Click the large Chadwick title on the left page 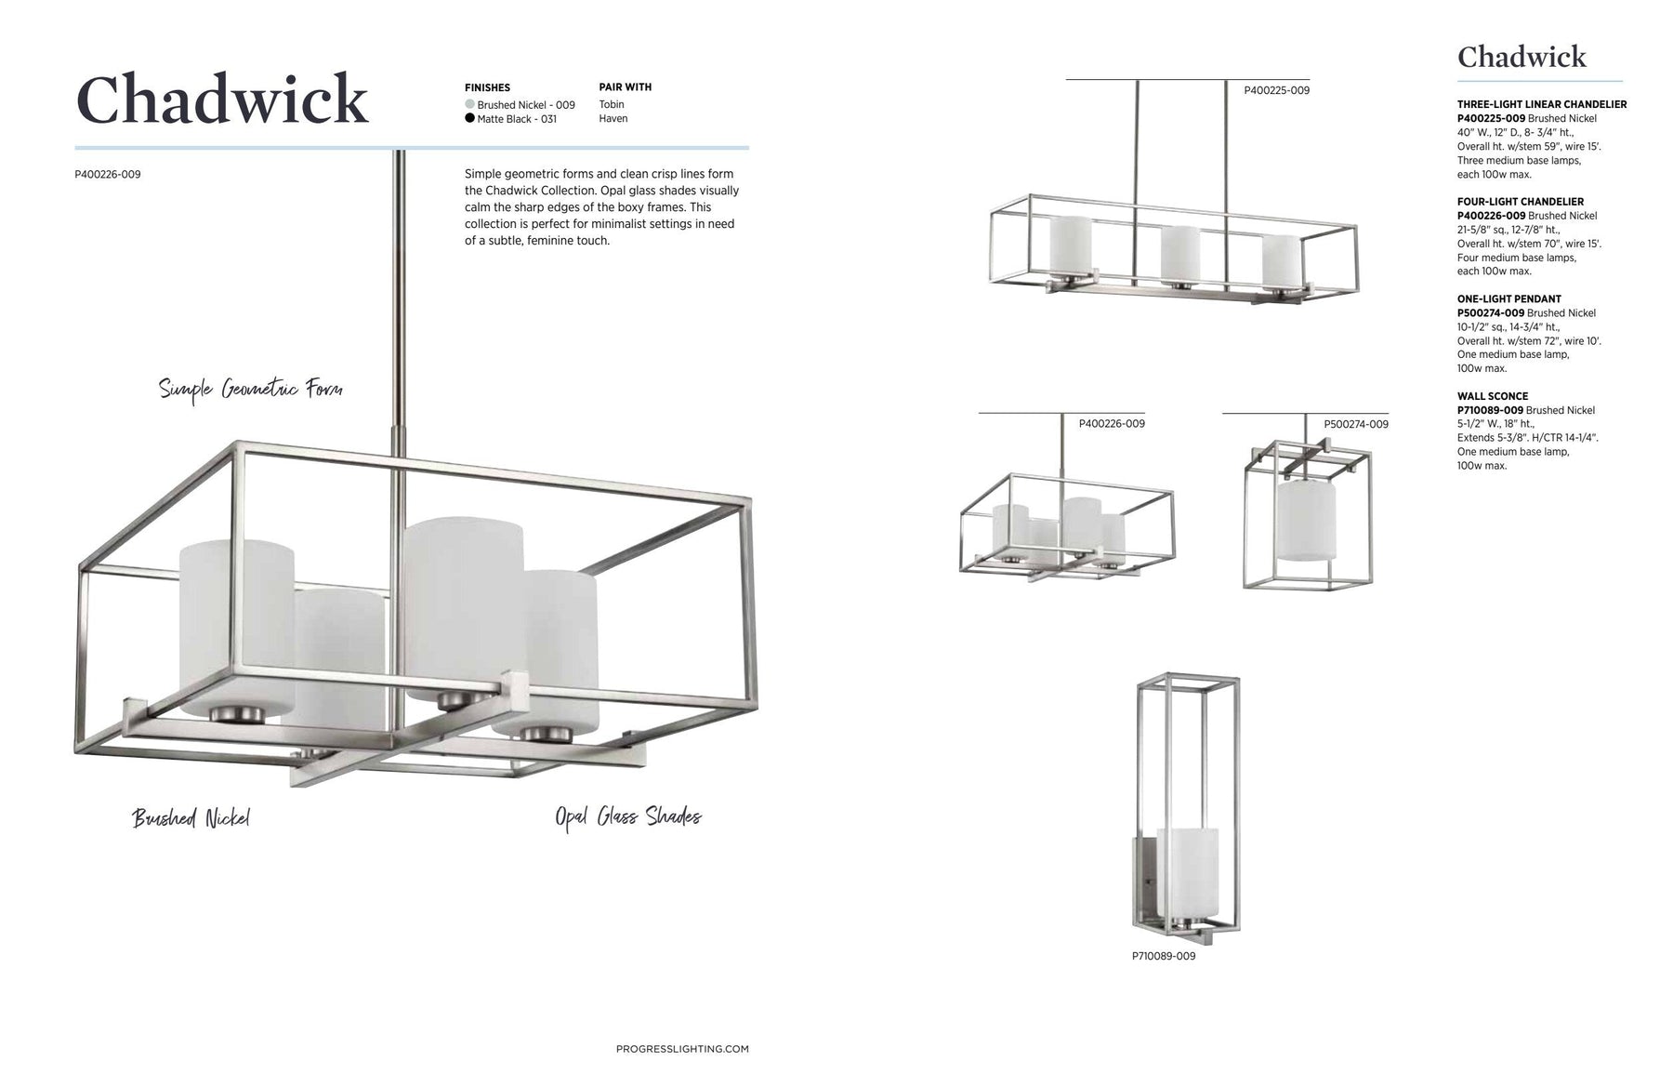[221, 99]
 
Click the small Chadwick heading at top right [1522, 57]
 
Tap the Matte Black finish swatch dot [469, 118]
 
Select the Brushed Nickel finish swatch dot [469, 104]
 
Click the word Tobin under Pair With [612, 104]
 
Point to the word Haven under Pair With [613, 118]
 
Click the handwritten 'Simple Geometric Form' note [250, 389]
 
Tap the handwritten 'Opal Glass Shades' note [627, 816]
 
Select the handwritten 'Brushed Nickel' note [191, 818]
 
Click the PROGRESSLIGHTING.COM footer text [682, 1049]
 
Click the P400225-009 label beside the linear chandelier [1276, 90]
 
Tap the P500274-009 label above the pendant [1355, 424]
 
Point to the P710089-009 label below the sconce [1164, 956]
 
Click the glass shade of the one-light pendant [1306, 521]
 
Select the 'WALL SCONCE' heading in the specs [1492, 396]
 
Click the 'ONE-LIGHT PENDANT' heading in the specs [1508, 298]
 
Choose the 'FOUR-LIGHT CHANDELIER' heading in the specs [1520, 201]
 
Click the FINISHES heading [487, 87]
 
